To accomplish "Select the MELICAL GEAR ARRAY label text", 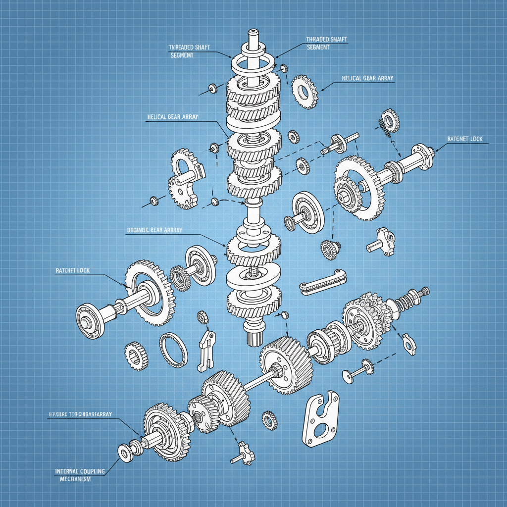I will [367, 78].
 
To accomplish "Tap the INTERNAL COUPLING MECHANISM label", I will [80, 475].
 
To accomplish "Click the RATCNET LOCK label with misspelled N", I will [464, 139].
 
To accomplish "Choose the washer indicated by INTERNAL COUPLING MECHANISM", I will [124, 451].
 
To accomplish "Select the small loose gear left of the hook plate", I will [270, 419].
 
